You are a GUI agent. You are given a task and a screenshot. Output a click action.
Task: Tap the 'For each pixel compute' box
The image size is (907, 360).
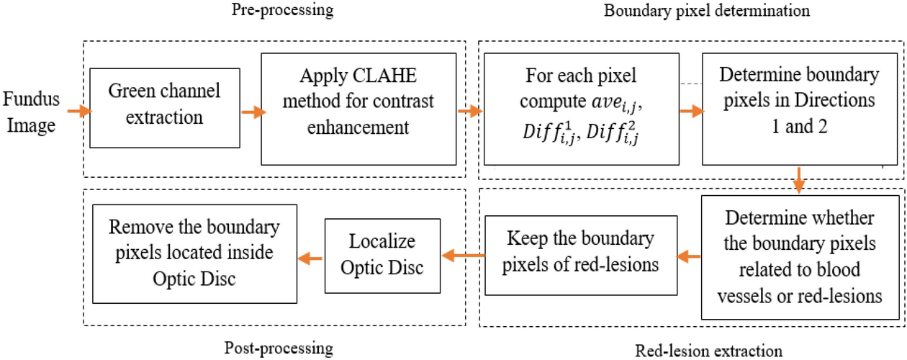click(582, 112)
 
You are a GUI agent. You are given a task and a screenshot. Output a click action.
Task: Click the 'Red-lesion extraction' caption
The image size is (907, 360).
click(709, 349)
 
